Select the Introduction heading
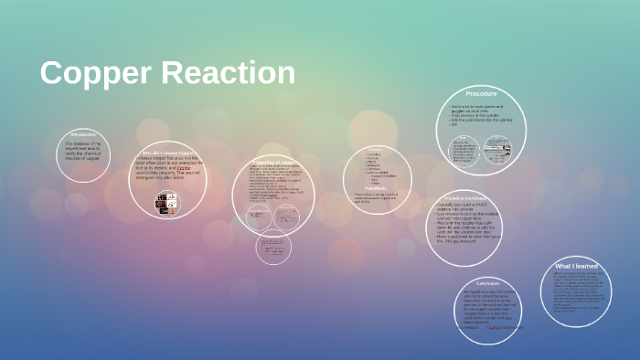82,133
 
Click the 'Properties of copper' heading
272,162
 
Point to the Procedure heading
481,94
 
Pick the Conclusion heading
487,283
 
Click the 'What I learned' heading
576,266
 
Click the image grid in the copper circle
168,203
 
